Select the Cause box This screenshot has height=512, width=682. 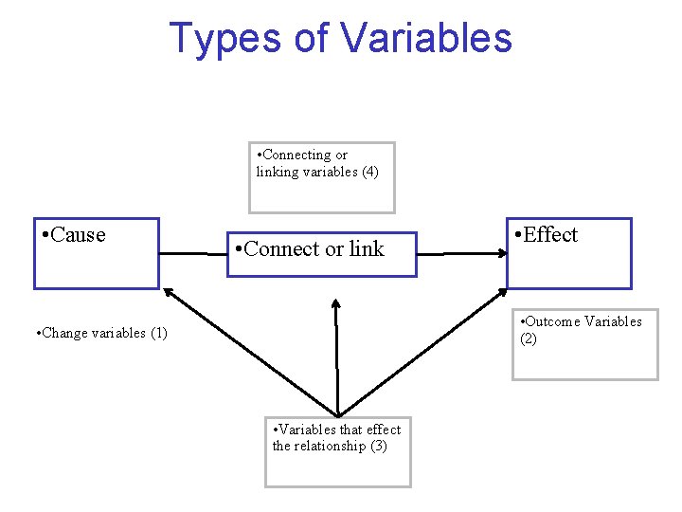pos(97,254)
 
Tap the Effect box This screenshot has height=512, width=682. pos(568,254)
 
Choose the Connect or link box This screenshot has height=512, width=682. pos(320,254)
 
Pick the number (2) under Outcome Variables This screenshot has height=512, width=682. pos(529,338)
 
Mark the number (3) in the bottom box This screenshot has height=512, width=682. pos(378,446)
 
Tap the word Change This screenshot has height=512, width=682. pos(63,333)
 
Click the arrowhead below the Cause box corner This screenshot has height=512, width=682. pos(169,293)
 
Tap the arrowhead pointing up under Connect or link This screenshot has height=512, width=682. pos(335,306)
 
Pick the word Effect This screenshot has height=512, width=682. pos(550,235)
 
